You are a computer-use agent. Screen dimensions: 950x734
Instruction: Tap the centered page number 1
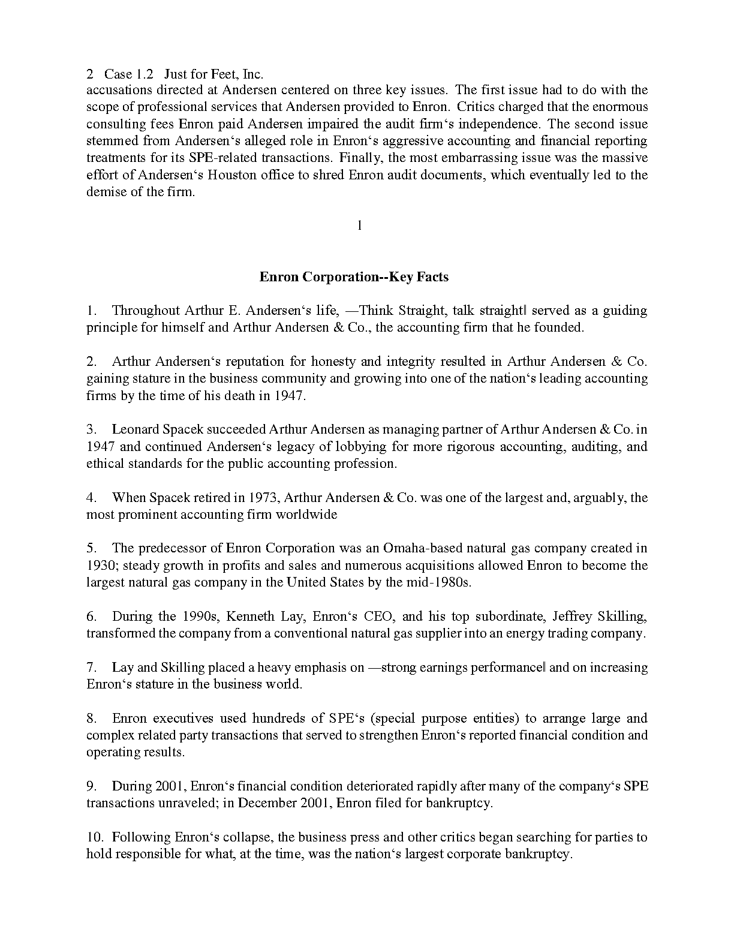[359, 226]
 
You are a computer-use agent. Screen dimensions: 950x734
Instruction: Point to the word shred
[329, 175]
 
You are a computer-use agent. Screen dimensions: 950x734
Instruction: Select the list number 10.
[95, 837]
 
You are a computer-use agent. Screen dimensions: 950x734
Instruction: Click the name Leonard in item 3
[135, 429]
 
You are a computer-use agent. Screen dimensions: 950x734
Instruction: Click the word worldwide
[309, 515]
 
